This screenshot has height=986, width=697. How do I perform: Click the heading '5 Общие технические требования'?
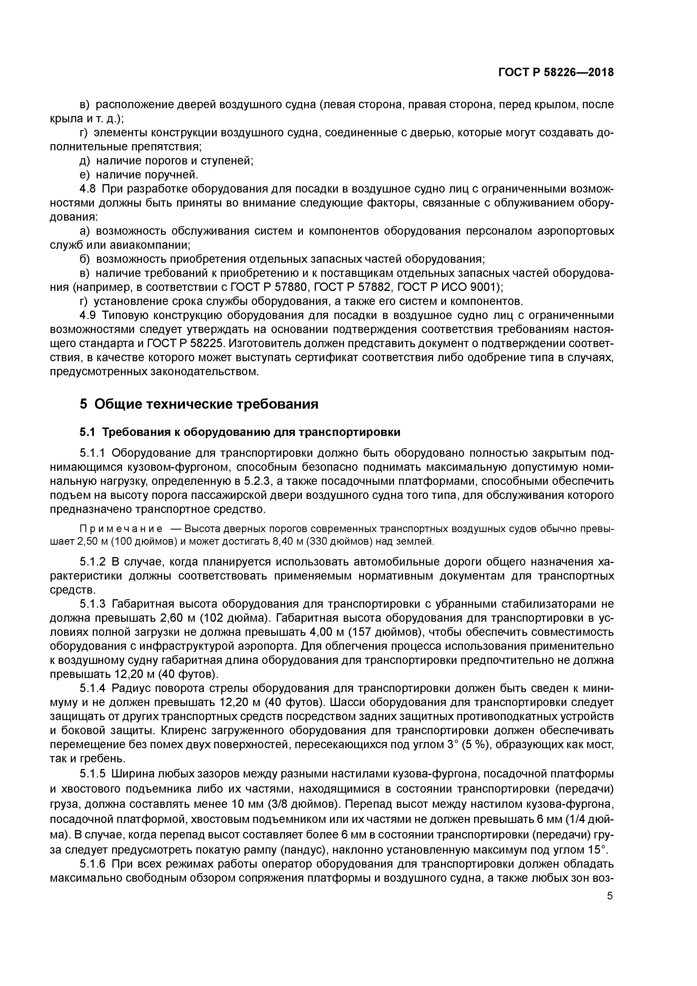[199, 404]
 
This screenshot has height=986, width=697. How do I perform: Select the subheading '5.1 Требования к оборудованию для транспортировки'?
[240, 432]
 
